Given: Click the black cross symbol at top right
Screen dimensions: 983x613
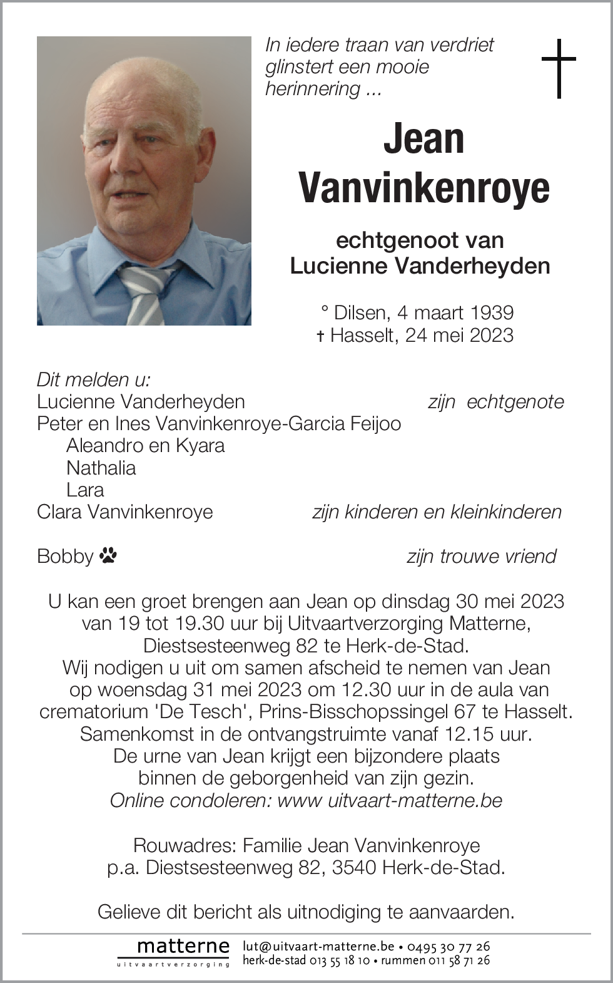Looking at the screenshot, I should pos(558,68).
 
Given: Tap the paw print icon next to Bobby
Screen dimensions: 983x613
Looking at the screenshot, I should pos(108,555).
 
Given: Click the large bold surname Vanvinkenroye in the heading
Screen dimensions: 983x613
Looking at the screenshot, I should pos(424,187).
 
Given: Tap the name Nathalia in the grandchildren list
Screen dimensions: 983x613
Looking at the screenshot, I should pos(101,468).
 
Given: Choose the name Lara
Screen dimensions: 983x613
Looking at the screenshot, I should pos(85,490).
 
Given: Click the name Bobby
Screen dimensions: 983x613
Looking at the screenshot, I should pos(64,556).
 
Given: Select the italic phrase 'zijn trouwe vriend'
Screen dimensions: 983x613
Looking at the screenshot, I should pos(481,556).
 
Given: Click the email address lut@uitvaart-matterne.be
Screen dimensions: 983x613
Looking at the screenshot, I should pos(318,946).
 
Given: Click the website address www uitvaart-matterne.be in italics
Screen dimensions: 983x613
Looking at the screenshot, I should pos(390,800).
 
